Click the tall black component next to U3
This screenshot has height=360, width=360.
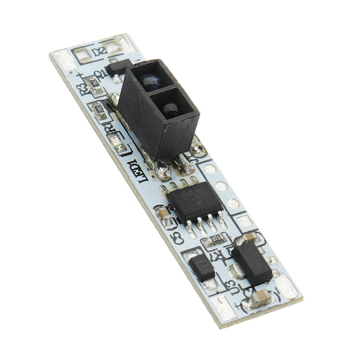251,263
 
